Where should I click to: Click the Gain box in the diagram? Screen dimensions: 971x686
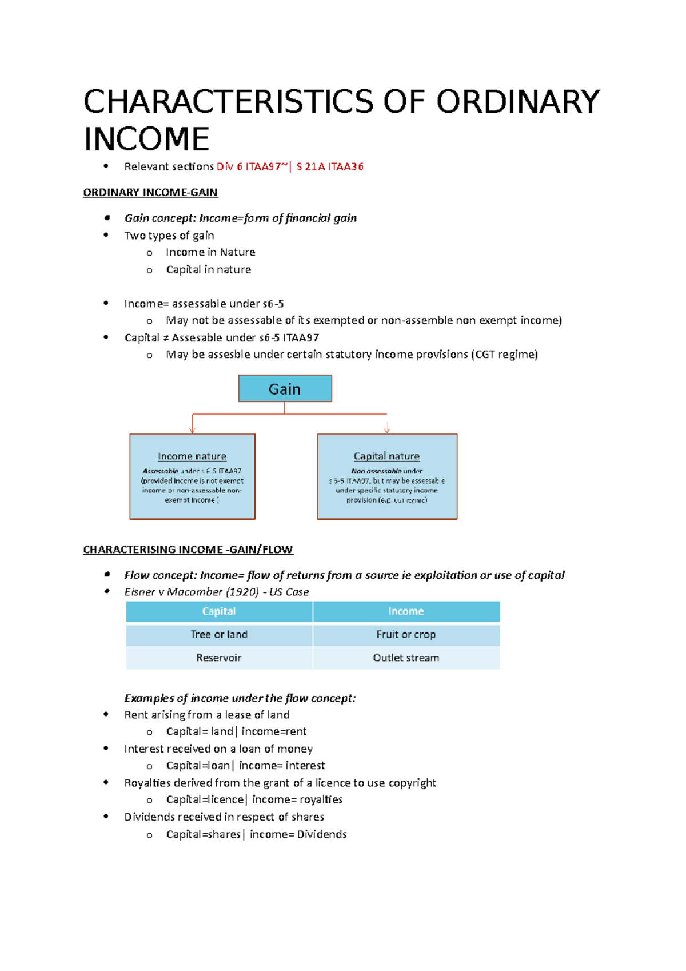coord(285,389)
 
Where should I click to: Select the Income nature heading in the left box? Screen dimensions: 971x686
coord(192,456)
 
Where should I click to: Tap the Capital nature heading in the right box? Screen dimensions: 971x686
coord(386,456)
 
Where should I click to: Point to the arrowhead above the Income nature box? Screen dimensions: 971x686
coord(193,429)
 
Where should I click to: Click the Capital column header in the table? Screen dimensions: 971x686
coord(219,611)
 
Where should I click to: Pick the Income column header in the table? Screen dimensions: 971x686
coord(406,611)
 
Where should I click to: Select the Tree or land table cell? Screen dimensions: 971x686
coord(219,635)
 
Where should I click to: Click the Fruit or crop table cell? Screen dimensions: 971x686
coord(406,635)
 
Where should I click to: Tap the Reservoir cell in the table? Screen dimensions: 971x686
coord(219,658)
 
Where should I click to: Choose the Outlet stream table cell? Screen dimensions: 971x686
coord(406,658)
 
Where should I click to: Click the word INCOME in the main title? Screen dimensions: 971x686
coord(147,139)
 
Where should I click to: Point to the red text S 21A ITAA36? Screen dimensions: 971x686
coord(330,167)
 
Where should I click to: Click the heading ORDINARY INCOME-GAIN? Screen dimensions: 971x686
coord(150,193)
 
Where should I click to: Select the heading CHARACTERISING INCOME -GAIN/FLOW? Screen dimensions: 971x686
coord(188,550)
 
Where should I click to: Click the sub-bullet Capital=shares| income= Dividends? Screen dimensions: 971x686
coord(256,834)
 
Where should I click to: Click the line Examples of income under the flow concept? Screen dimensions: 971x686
coord(240,698)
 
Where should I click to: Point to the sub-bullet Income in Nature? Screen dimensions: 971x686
coord(210,252)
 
